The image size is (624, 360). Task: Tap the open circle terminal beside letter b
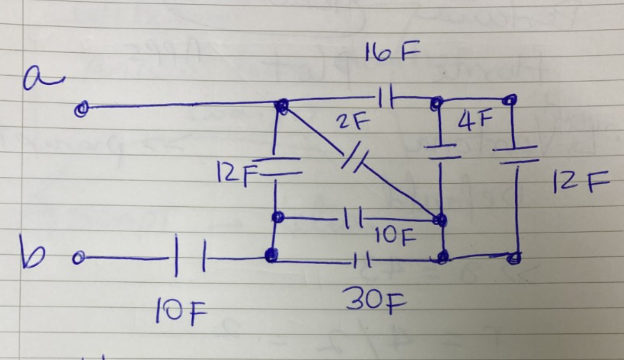point(78,258)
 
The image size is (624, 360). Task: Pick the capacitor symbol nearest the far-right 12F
point(515,153)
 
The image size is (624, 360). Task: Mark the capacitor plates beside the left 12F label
point(276,166)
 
